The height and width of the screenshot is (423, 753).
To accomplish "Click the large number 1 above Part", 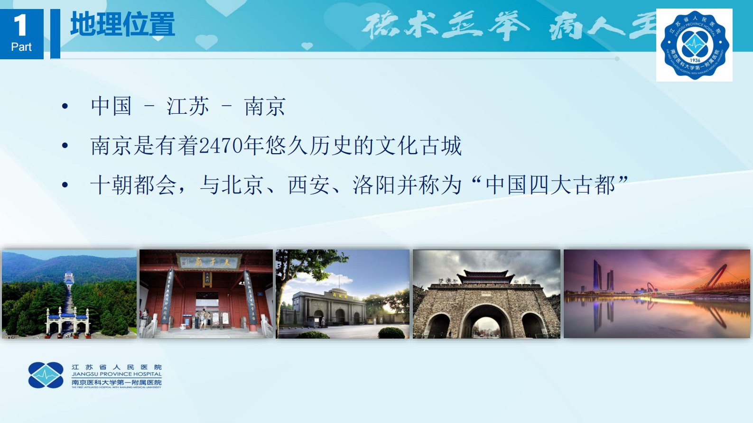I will [x=20, y=25].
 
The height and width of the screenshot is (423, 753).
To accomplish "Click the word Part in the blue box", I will [x=21, y=47].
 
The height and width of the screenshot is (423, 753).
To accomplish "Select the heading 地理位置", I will [x=122, y=25].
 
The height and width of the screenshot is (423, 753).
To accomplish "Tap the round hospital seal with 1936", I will [x=695, y=45].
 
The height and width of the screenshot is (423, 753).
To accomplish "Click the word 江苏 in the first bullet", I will [x=188, y=106].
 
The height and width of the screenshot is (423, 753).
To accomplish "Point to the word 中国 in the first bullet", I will [x=112, y=106].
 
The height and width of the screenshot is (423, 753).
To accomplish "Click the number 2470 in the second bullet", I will [x=221, y=146].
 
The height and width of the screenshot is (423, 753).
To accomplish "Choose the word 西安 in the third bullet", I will [x=309, y=185].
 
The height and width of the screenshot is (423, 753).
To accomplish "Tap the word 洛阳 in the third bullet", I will [x=374, y=185].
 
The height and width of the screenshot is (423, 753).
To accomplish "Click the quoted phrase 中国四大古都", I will [x=550, y=185].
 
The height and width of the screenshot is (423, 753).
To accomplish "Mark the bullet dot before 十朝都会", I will [x=65, y=185].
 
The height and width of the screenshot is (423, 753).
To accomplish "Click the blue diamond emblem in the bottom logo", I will [x=46, y=375].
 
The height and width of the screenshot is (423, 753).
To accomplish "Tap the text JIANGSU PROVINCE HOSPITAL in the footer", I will [x=117, y=374].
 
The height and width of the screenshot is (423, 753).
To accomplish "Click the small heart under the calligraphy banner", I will [x=307, y=46].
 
